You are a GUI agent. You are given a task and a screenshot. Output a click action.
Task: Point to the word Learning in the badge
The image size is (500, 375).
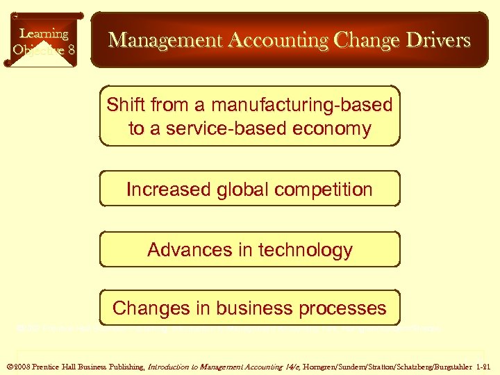(44, 33)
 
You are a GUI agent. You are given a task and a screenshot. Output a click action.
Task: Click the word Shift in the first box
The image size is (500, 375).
(125, 105)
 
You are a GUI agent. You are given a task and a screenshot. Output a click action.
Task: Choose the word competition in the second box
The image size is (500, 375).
(328, 189)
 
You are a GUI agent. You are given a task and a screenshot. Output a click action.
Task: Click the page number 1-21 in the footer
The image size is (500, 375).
(485, 365)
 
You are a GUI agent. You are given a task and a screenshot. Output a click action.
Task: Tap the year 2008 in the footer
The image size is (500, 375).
(21, 365)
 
